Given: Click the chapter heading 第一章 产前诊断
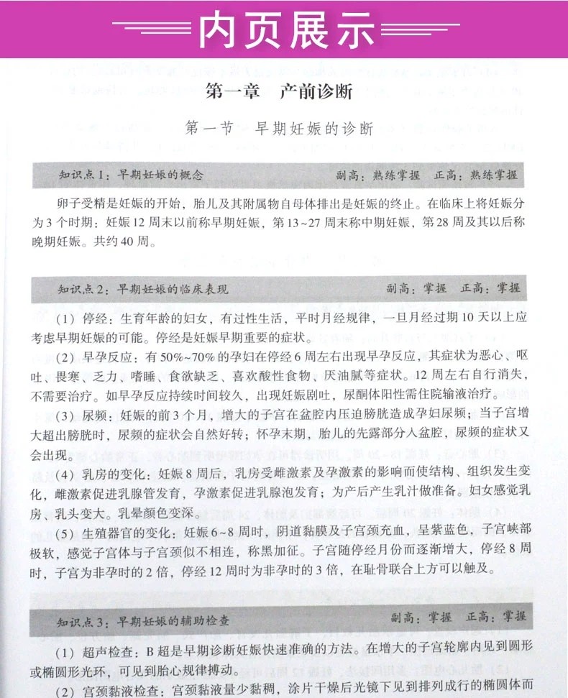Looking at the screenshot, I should point(279,92).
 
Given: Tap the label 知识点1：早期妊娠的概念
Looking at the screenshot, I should point(131,175).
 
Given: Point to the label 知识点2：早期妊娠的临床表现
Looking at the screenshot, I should point(142,289).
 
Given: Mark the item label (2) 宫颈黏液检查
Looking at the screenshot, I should point(109,688).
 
